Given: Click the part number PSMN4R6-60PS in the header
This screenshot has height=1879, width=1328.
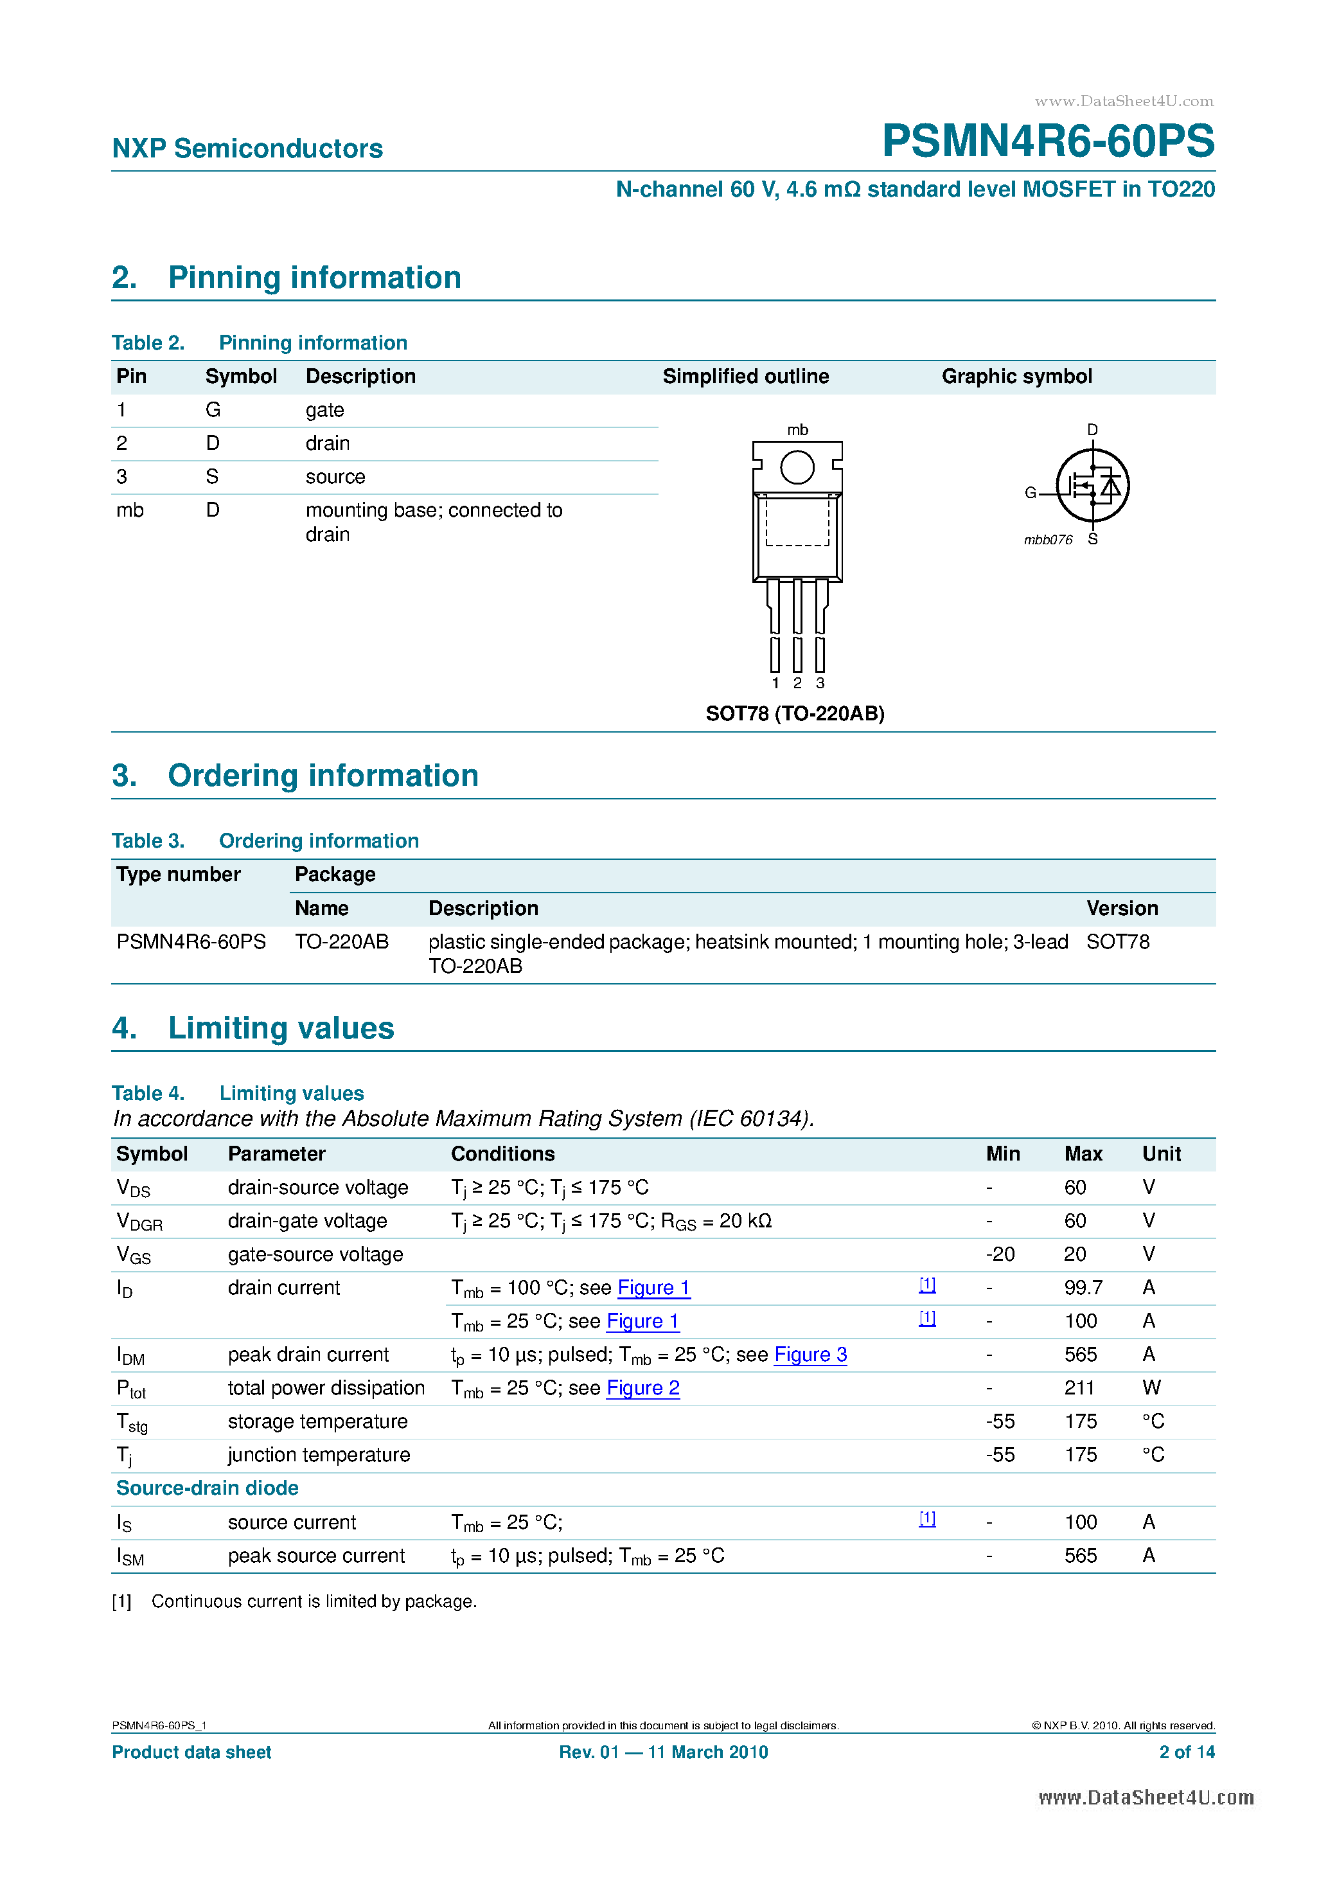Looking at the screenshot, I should [x=1047, y=141].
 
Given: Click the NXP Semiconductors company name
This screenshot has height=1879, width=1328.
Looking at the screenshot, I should [x=247, y=148].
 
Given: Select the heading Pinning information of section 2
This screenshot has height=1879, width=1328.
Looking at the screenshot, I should [x=314, y=278].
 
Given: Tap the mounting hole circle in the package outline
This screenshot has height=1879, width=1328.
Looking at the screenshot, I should [x=796, y=467].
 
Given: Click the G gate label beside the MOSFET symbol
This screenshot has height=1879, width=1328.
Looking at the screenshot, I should [x=1030, y=493].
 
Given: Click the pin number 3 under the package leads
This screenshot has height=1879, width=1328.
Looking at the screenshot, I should [x=820, y=683].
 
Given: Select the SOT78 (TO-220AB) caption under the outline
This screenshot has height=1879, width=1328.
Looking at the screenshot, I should [x=795, y=714].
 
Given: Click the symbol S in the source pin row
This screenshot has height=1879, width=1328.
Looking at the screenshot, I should [x=212, y=476].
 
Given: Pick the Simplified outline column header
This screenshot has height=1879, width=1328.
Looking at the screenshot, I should [x=745, y=377].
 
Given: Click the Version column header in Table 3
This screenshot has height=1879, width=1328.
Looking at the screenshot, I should [x=1122, y=909].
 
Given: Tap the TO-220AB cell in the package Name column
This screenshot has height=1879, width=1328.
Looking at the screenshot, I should [x=341, y=942].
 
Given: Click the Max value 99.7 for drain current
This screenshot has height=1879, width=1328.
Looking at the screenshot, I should [x=1083, y=1288].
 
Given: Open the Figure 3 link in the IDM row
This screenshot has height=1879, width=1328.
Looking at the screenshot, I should [x=810, y=1355].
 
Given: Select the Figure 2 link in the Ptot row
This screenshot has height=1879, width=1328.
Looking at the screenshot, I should [x=642, y=1389].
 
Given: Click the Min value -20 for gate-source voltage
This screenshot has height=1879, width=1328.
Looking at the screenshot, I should [x=1000, y=1254].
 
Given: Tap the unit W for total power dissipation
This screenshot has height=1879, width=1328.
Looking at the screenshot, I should [x=1151, y=1388].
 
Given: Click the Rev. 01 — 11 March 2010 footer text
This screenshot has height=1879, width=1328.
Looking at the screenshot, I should [x=663, y=1752].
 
